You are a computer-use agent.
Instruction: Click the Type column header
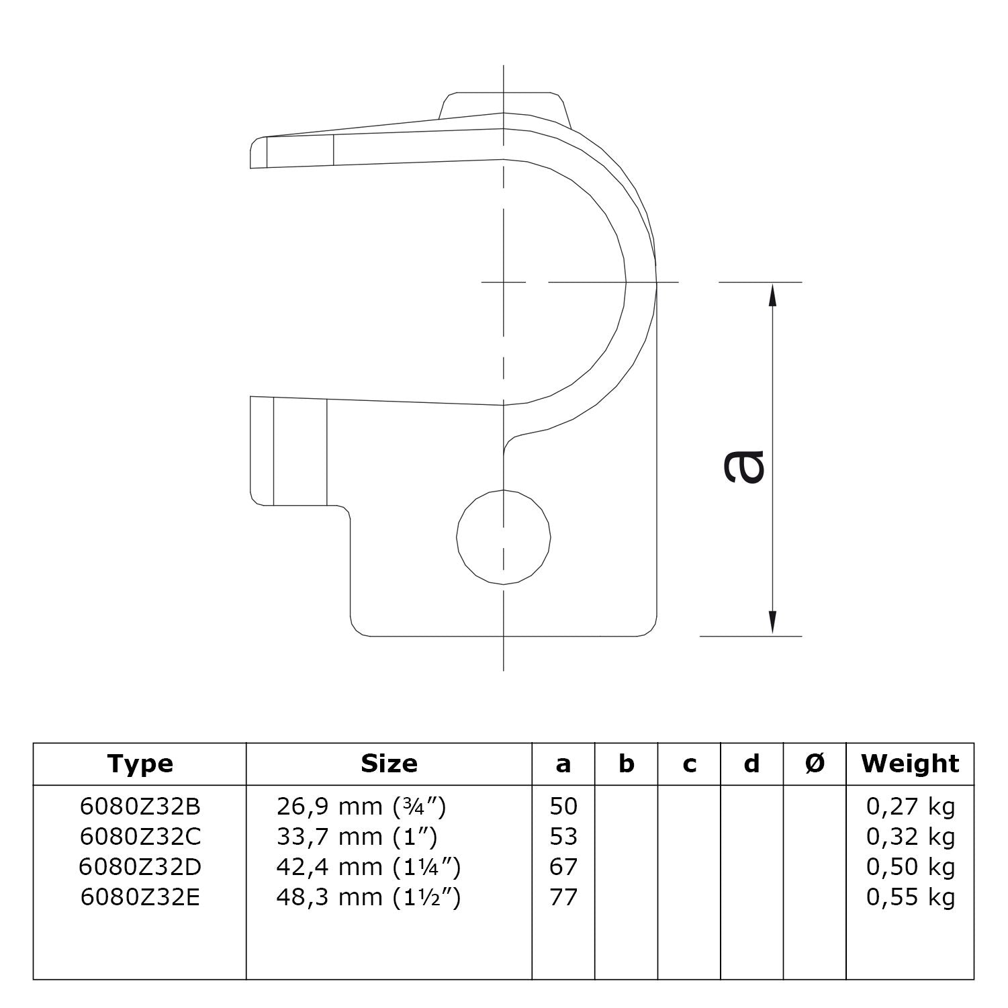[x=140, y=764]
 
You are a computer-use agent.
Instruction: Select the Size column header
[x=389, y=764]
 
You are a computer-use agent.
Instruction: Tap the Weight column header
[x=910, y=764]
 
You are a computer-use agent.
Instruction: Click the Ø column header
[x=815, y=764]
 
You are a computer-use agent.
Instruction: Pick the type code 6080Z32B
[x=140, y=807]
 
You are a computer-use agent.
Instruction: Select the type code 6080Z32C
[x=140, y=837]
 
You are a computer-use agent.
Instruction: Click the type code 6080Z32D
[x=140, y=867]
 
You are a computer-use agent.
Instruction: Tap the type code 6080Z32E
[x=140, y=897]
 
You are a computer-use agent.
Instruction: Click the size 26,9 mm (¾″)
[x=361, y=807]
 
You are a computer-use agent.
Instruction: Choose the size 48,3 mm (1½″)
[x=369, y=897]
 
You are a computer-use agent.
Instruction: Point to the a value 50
[x=563, y=807]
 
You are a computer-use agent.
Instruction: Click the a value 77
[x=563, y=897]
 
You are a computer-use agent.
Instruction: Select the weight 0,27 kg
[x=910, y=807]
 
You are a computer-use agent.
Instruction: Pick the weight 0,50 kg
[x=910, y=867]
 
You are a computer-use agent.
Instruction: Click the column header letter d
[x=752, y=764]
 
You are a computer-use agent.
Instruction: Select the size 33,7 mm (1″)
[x=357, y=837]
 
